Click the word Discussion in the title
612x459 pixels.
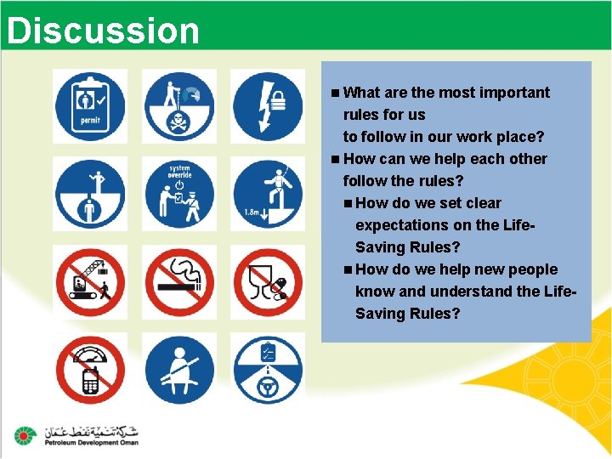(102, 31)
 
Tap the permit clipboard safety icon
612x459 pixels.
(90, 106)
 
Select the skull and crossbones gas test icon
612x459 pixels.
(178, 106)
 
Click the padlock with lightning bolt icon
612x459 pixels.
(267, 106)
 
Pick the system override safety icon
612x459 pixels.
(178, 194)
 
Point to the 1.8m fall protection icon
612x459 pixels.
(267, 194)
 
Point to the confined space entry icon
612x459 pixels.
(90, 194)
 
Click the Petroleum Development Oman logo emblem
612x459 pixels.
(25, 435)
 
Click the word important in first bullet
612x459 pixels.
(513, 93)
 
